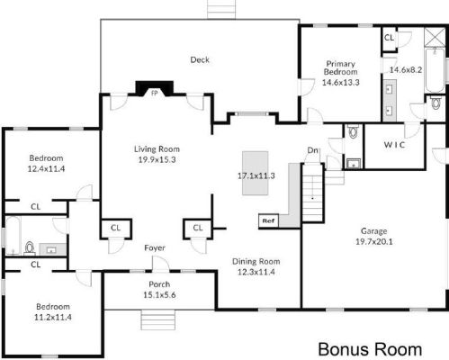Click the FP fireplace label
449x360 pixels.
(155, 93)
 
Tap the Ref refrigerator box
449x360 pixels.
(269, 220)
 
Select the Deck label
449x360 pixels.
(200, 59)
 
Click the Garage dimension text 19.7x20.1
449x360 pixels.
(374, 241)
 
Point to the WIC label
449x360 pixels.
(394, 145)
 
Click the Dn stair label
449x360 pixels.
(312, 150)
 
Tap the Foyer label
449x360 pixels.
(155, 247)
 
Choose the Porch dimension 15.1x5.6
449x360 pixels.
(159, 295)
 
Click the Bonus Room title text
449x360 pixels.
(370, 349)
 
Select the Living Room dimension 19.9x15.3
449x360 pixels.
(157, 159)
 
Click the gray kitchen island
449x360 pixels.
(256, 173)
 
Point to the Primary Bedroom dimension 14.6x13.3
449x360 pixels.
(341, 82)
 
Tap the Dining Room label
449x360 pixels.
(256, 262)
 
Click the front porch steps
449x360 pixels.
(157, 319)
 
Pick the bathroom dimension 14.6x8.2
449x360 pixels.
(406, 69)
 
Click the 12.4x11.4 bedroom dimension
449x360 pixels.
(46, 168)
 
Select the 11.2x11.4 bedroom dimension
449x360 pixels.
(53, 317)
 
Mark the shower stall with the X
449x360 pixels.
(435, 37)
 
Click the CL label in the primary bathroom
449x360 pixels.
(389, 38)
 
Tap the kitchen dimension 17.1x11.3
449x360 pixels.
(256, 175)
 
